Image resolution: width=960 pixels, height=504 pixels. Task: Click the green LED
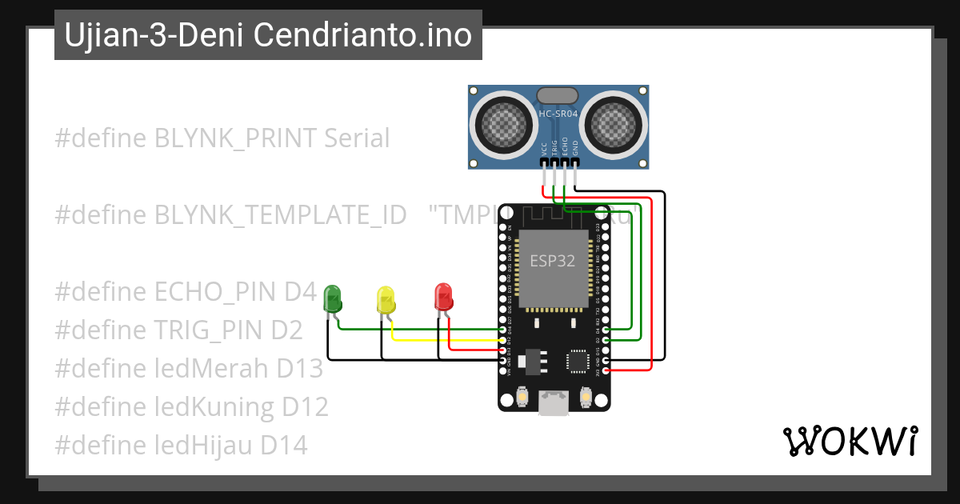coord(333,299)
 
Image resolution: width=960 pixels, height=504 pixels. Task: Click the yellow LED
coord(386,300)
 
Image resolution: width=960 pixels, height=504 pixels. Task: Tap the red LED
coord(442,297)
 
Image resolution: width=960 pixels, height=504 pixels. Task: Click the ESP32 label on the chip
coord(552,262)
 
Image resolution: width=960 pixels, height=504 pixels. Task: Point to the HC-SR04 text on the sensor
coord(558,114)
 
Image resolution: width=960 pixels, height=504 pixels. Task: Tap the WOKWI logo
coord(850,441)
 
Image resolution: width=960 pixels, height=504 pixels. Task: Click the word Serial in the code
coord(357,138)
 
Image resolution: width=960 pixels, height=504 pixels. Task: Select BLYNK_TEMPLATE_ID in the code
coord(281,214)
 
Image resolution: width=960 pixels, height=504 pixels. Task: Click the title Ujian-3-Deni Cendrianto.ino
coord(268,35)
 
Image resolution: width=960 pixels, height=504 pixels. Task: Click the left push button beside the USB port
coord(522,396)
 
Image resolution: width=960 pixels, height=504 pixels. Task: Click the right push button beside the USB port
coord(586,396)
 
